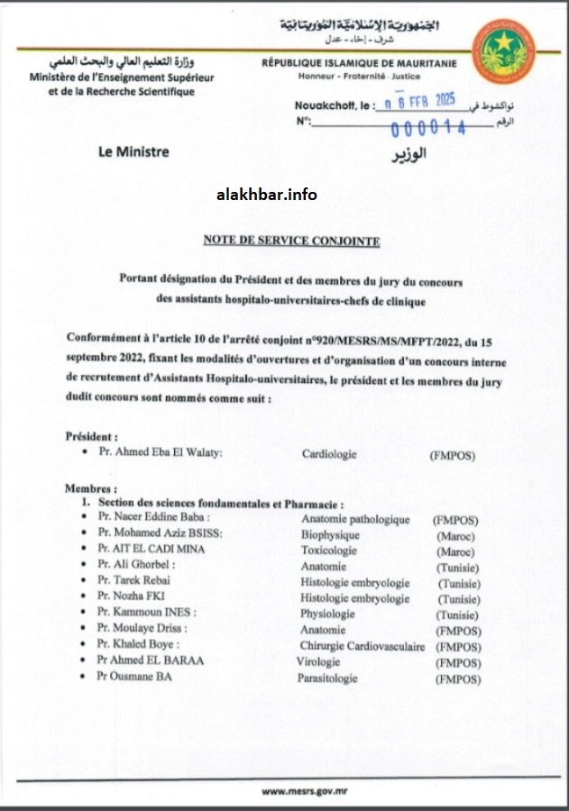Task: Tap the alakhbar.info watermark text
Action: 268,195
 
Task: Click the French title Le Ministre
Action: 133,152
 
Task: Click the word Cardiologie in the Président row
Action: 329,456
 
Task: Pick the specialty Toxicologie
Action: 330,549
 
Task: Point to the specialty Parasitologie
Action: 329,678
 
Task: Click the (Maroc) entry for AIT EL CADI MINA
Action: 455,550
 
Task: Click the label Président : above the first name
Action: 92,436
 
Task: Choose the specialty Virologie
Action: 321,661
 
